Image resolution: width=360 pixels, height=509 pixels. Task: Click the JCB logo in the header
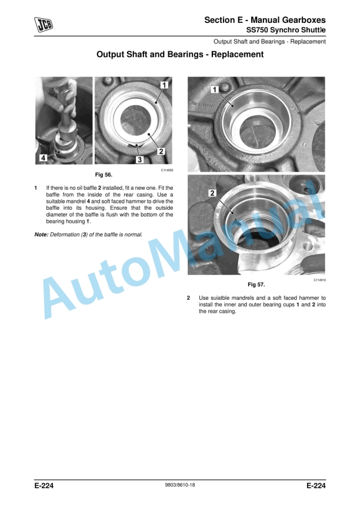44,25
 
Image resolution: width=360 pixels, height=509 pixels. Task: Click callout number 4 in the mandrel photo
43,158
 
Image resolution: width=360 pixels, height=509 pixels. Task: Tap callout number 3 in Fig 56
140,159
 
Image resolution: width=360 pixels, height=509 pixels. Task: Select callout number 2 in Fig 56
161,151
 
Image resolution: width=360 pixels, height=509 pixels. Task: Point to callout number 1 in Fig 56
164,85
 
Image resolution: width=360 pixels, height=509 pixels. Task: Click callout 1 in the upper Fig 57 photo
215,89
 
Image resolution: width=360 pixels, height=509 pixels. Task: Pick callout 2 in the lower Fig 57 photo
212,193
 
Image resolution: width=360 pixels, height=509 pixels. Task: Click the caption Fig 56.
104,175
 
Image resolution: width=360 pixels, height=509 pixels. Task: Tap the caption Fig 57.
256,284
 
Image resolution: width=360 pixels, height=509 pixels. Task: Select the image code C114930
167,170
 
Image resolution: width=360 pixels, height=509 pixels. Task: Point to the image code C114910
320,280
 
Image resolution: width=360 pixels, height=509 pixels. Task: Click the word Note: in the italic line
41,235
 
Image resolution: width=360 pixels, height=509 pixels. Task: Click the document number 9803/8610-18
180,485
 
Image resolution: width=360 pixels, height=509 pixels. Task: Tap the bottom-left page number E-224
44,485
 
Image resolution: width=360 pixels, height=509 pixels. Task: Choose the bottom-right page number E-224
316,485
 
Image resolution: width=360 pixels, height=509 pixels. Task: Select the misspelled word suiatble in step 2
220,297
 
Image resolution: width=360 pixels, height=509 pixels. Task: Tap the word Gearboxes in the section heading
304,20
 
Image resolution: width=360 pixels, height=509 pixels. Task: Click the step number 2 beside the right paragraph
188,297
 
